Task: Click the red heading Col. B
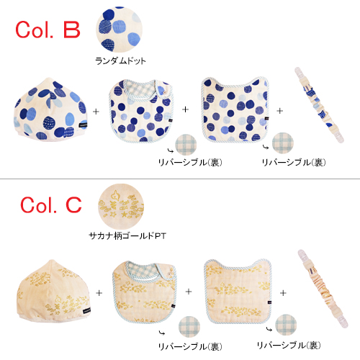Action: (x=48, y=30)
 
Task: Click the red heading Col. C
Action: (x=51, y=205)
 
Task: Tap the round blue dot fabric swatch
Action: (x=120, y=30)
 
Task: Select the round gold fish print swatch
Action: (x=121, y=207)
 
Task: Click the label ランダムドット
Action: (x=120, y=61)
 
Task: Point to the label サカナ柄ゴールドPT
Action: (x=127, y=236)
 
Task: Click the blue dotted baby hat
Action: (x=50, y=109)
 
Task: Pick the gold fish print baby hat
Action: (x=54, y=290)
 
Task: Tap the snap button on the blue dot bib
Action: (x=165, y=91)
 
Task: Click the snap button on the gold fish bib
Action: (x=170, y=274)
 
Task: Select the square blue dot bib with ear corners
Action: (x=235, y=109)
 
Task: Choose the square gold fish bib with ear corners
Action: (x=238, y=292)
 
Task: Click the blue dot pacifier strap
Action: (x=319, y=105)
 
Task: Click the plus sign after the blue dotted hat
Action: (x=96, y=112)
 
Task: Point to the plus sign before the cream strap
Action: (x=283, y=293)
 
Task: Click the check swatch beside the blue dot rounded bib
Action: (x=186, y=145)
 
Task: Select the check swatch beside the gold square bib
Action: (x=286, y=325)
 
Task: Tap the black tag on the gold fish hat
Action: (x=86, y=310)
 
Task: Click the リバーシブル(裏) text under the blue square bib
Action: (x=294, y=163)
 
